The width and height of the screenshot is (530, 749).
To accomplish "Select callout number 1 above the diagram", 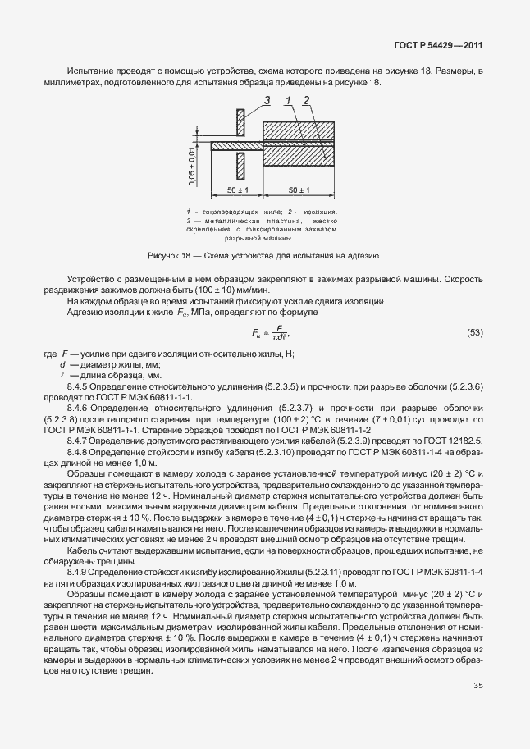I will (x=289, y=101).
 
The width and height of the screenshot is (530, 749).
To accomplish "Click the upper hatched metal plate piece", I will (x=240, y=123).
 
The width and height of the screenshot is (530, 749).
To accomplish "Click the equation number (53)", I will (x=474, y=332).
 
